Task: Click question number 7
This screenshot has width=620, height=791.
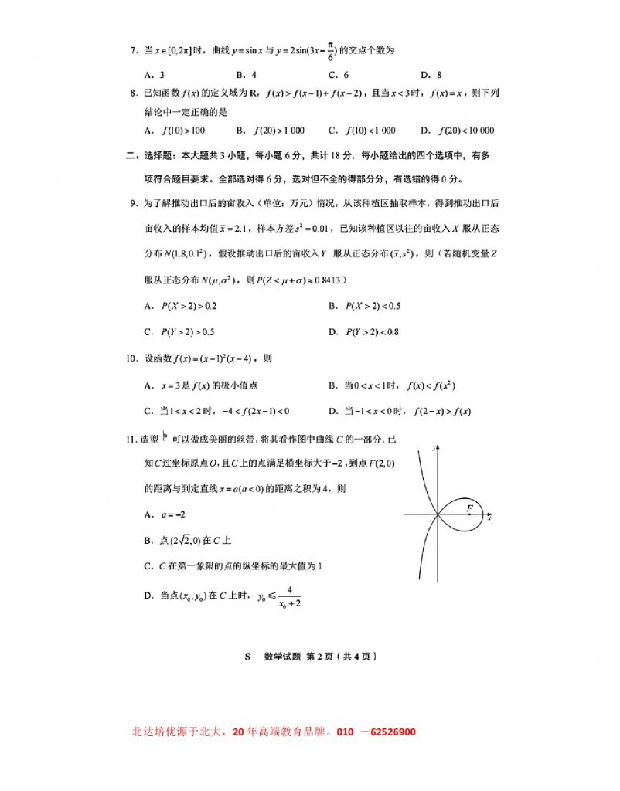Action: pyautogui.click(x=133, y=51)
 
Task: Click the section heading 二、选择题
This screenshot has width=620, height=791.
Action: pyautogui.click(x=150, y=155)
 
